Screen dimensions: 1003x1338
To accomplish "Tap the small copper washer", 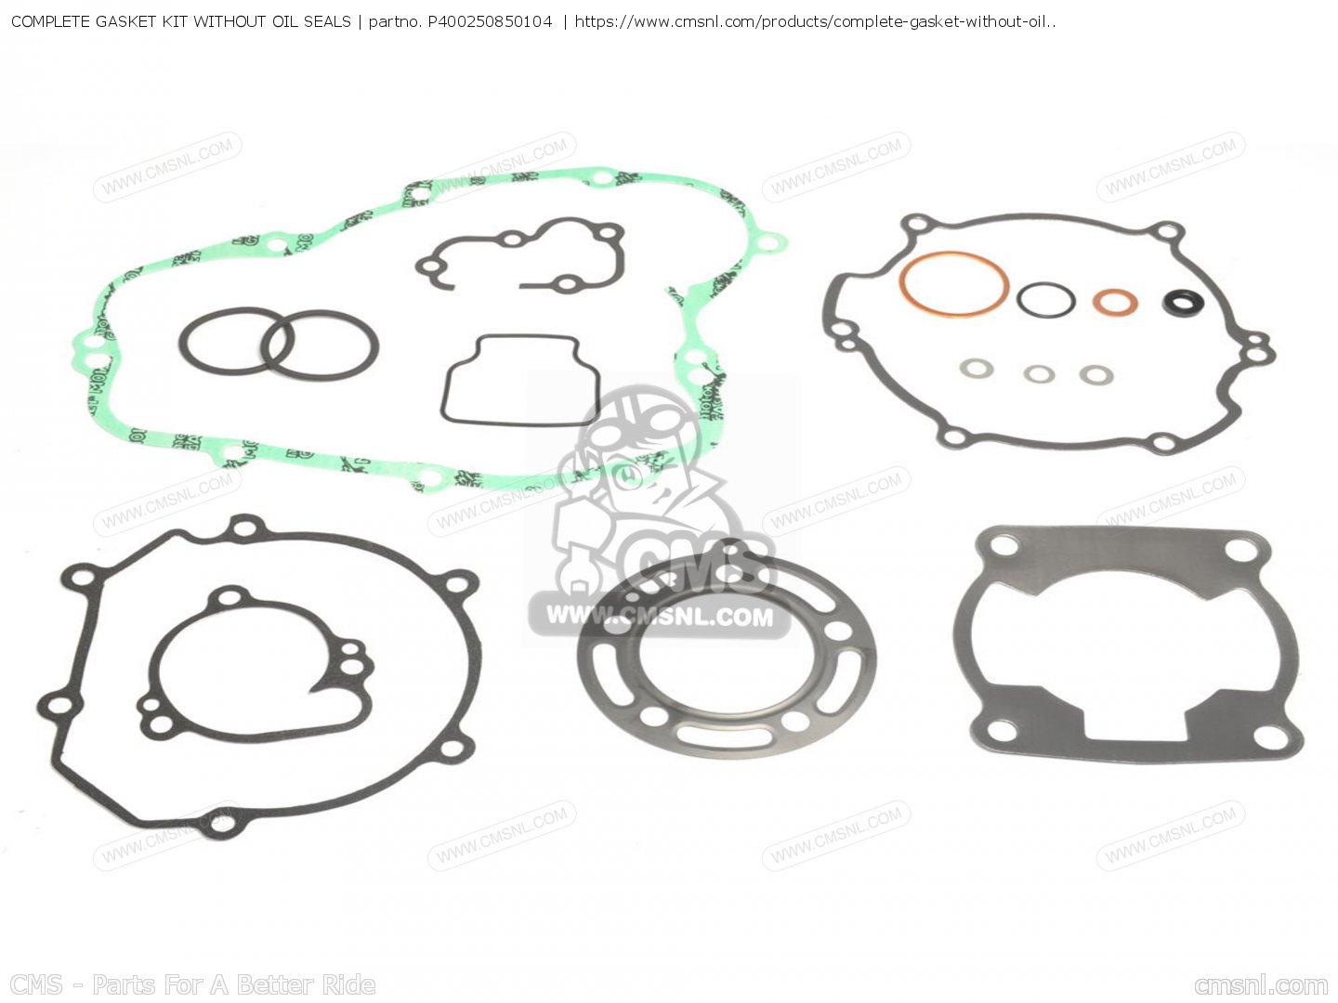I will (x=1114, y=302).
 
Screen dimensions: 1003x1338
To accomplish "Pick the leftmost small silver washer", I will (x=977, y=369).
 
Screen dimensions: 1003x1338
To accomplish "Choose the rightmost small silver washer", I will (x=1096, y=374).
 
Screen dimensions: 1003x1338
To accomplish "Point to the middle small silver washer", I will (x=1039, y=374).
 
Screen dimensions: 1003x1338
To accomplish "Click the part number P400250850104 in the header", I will (x=490, y=20).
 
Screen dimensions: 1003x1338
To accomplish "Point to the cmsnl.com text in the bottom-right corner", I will (x=1261, y=984).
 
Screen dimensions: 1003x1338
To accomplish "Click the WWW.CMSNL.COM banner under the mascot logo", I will (x=659, y=616).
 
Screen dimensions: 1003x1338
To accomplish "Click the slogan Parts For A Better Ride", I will (x=233, y=984).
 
